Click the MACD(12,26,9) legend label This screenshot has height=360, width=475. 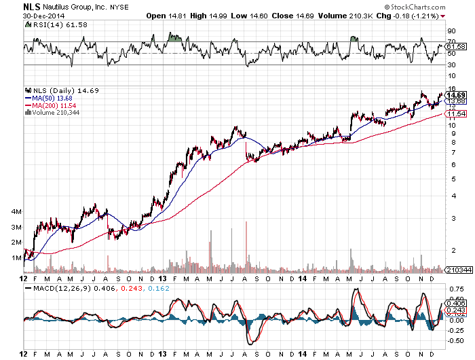click(62, 289)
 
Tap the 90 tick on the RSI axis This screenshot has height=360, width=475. click(451, 31)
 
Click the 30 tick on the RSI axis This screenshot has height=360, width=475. click(451, 65)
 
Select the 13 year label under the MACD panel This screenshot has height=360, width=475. click(164, 354)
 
